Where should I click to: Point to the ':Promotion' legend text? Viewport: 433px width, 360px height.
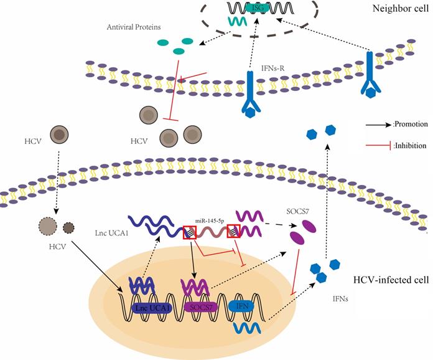pos(409,124)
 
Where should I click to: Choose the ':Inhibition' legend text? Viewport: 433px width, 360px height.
pos(409,144)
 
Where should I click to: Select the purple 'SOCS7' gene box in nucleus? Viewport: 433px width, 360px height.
pos(204,307)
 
